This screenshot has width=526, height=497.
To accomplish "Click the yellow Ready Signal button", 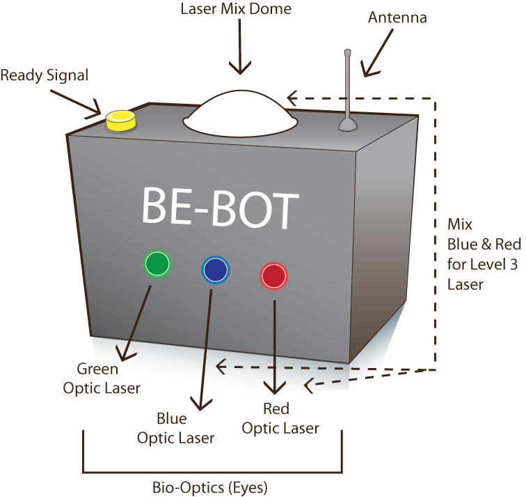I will [120, 121].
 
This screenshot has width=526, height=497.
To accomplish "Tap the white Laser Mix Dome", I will [241, 113].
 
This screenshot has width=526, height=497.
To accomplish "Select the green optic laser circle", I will [157, 263].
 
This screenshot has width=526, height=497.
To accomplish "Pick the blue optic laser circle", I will [214, 269].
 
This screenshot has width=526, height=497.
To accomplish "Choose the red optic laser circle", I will [273, 275].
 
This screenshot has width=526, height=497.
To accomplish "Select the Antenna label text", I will [397, 17].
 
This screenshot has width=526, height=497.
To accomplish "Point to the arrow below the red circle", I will [276, 349].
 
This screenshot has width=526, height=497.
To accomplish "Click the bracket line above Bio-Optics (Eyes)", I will [212, 472].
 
